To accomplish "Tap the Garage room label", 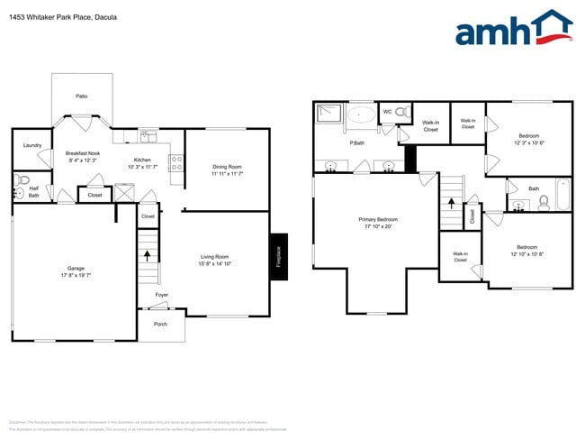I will point(76,268).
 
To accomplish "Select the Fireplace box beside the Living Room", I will point(278,257).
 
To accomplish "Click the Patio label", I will point(82,96).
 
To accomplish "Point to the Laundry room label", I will point(32,145).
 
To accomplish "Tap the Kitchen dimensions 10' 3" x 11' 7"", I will point(143,167).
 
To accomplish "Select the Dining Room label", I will point(227,166).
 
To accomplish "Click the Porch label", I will point(160,324).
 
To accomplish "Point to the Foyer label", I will point(161,295).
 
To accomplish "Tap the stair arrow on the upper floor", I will point(451,201).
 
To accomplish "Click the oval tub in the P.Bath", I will point(363,115).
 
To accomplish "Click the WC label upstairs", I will point(387,112).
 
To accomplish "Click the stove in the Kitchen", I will point(177,164).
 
